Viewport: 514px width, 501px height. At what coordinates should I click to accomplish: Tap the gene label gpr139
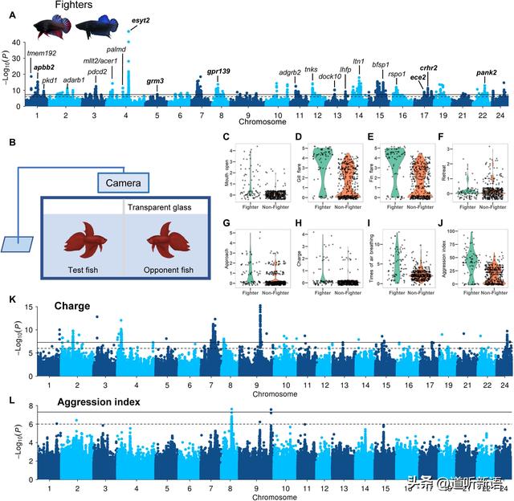[218, 71]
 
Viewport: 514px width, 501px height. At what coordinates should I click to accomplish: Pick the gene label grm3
[156, 80]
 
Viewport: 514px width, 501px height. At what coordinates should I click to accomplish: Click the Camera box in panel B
[123, 184]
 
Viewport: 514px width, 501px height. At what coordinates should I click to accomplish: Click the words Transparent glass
[162, 206]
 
